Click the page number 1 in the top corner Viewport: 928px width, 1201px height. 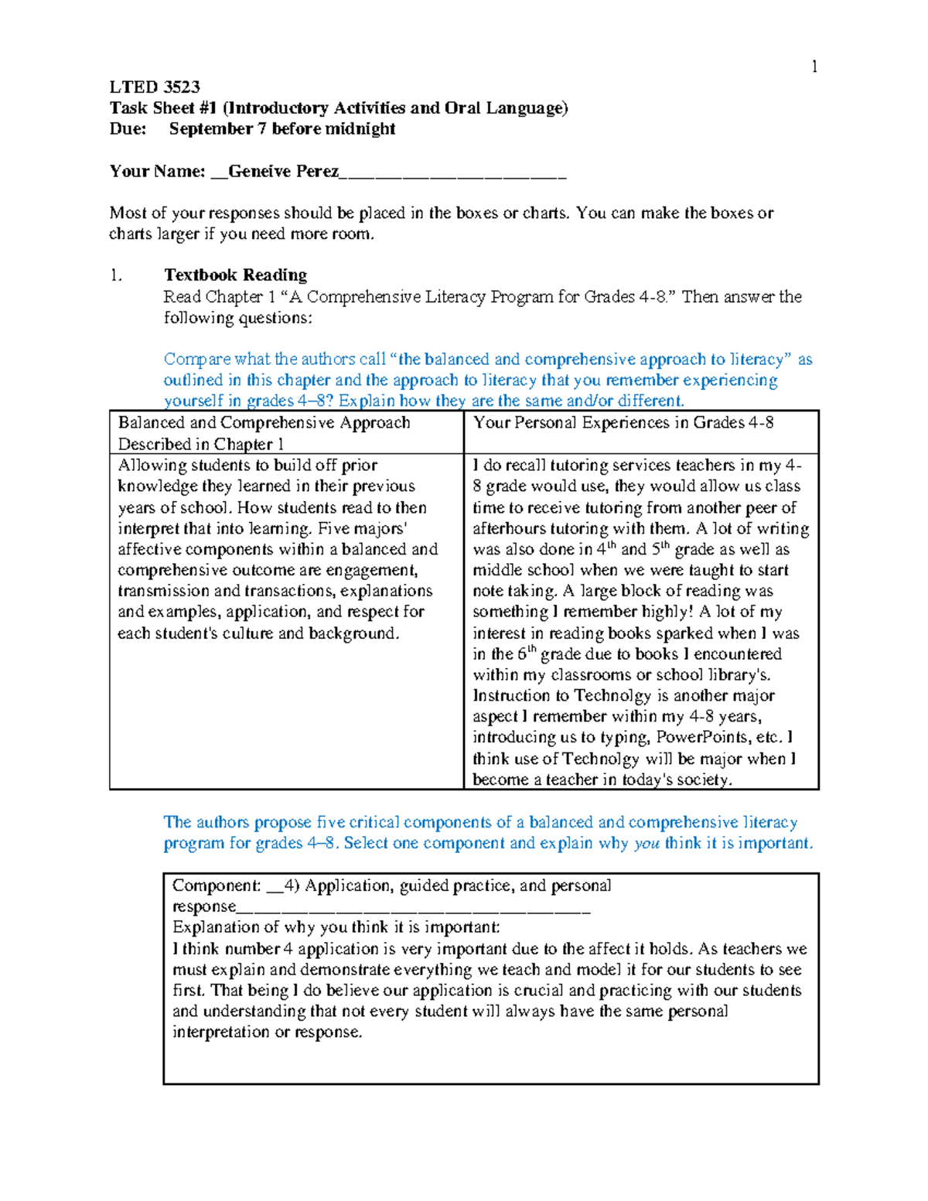[x=814, y=67]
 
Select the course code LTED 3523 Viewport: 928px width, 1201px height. [x=155, y=87]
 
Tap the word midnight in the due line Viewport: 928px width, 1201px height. [x=366, y=128]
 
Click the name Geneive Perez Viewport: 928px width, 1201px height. [x=283, y=171]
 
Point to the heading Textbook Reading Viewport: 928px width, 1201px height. [x=235, y=275]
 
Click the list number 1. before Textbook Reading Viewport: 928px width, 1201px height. [x=116, y=275]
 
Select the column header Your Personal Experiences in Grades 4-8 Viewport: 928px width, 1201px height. [x=623, y=423]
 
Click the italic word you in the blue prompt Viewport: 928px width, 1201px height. [x=647, y=844]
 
